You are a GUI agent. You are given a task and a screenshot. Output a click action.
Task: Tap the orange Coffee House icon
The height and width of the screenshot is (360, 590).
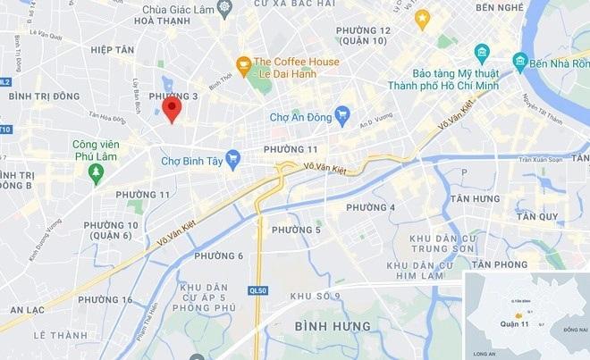click(x=241, y=64)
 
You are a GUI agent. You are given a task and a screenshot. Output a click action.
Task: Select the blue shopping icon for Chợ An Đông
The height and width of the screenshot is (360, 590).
click(x=341, y=115)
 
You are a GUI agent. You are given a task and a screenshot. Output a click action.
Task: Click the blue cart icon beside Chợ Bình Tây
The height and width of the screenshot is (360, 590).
click(x=233, y=160)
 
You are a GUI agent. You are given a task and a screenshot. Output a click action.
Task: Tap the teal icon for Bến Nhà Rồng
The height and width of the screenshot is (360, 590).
click(x=520, y=61)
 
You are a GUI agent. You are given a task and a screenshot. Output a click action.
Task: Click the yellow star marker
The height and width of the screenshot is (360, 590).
click(x=422, y=17)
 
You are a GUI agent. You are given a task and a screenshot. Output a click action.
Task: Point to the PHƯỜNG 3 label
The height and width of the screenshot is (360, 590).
click(x=173, y=96)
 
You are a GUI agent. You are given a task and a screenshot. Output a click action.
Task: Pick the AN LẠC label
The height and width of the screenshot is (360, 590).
click(x=28, y=309)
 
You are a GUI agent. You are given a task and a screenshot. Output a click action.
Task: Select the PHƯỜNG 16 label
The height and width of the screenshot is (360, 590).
click(x=105, y=299)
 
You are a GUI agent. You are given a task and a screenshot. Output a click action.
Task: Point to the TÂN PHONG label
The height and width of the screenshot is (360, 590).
click(x=501, y=264)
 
